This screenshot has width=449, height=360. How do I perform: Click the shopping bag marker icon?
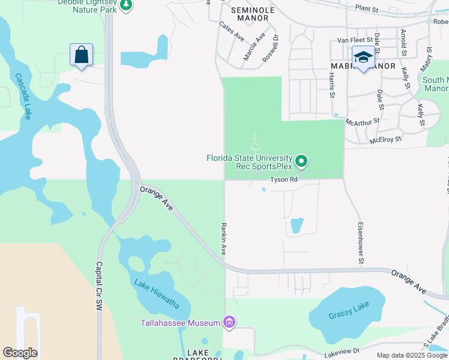[81, 55]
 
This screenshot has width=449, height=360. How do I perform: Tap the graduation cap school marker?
[363, 57]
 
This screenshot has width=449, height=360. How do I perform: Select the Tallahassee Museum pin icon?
[229, 323]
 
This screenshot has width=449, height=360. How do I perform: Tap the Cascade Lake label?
[23, 96]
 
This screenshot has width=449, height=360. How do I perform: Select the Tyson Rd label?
[284, 179]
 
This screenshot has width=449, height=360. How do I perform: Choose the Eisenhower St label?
[361, 244]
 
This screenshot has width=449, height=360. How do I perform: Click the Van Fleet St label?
[351, 40]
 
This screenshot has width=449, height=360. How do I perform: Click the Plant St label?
[367, 10]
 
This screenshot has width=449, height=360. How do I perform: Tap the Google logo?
[20, 353]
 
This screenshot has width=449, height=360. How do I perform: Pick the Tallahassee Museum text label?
[180, 323]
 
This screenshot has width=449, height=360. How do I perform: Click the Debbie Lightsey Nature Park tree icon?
[125, 5]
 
